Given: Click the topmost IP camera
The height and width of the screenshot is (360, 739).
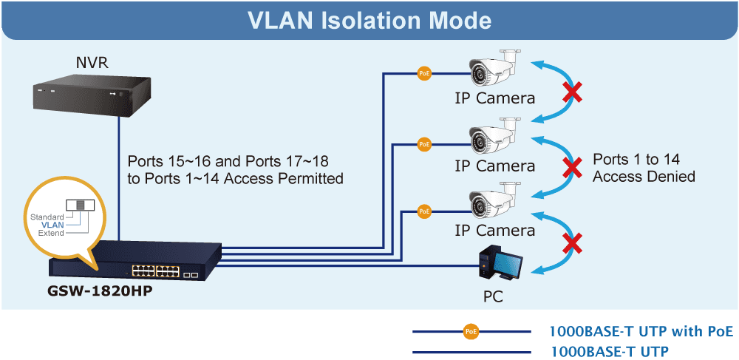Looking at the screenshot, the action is click(494, 68).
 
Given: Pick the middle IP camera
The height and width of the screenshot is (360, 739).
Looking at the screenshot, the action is click(494, 137).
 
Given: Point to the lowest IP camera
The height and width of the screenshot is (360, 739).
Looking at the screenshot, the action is click(494, 201).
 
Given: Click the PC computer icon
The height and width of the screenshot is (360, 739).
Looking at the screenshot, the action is click(500, 265).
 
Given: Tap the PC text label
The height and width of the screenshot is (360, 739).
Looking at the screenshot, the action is click(494, 296).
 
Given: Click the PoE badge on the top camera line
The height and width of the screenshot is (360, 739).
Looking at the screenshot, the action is click(424, 73).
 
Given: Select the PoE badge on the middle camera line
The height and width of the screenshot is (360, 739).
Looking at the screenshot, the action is click(424, 143).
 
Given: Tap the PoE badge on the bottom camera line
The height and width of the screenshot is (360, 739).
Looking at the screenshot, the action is click(424, 211).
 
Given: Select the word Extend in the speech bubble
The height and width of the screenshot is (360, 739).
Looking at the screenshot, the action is click(52, 234).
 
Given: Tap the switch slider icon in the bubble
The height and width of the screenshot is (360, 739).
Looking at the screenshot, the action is click(80, 205).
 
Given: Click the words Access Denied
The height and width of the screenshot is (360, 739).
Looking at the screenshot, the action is click(644, 177).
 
